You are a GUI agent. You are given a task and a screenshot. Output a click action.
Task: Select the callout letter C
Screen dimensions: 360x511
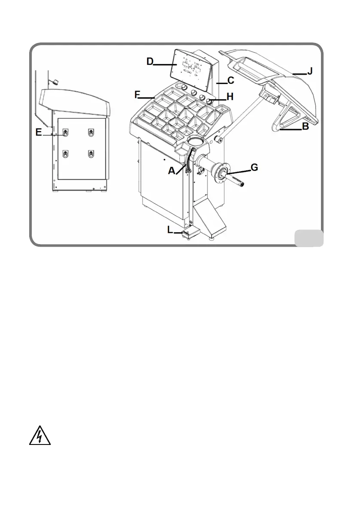click(230, 80)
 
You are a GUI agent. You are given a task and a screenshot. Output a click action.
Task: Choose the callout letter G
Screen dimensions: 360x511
click(254, 167)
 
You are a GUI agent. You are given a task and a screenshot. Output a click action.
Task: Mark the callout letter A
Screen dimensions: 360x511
click(172, 170)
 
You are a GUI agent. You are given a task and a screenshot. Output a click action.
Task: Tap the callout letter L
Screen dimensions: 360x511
click(170, 230)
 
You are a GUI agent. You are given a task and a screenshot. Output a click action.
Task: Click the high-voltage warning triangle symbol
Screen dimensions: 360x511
click(39, 436)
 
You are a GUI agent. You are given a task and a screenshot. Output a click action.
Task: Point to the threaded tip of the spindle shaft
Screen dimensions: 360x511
click(242, 184)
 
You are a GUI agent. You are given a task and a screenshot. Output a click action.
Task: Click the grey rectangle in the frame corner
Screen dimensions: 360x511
click(309, 238)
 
